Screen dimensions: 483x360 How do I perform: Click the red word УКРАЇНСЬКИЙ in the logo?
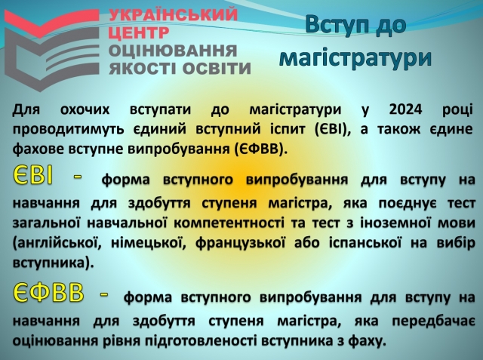[x=174, y=14]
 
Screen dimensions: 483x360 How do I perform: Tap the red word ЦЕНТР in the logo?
[x=139, y=32]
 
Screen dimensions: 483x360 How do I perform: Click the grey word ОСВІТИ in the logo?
[x=217, y=69]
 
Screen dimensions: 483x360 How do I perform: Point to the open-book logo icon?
[x=51, y=49]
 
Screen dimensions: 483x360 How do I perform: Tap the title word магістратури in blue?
[x=355, y=58]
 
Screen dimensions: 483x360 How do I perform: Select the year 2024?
[x=405, y=109]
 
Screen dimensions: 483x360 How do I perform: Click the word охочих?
[x=85, y=109]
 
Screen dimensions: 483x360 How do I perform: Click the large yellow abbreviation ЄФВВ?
[x=48, y=292]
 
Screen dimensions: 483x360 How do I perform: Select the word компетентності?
[x=229, y=223]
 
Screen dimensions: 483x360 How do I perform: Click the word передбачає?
[x=433, y=322]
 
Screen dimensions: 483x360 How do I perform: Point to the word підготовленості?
[x=202, y=341]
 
